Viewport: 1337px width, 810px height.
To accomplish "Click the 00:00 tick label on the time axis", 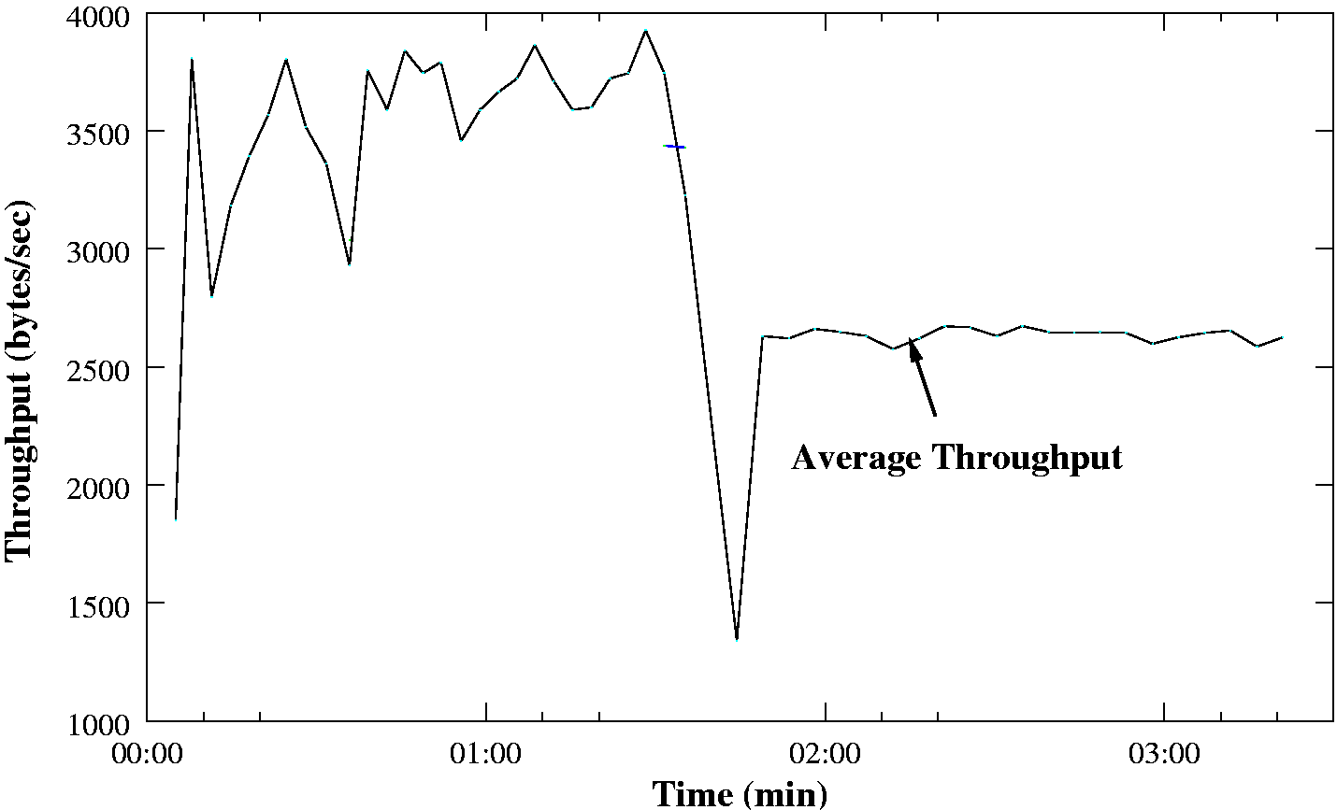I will pos(147,752).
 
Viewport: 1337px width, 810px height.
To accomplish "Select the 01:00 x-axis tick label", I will pos(485,752).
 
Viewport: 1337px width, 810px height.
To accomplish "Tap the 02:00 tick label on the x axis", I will pos(825,752).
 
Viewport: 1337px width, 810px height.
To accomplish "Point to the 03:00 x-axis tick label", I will pos(1163,752).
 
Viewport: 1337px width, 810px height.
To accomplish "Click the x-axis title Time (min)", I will pos(739,793).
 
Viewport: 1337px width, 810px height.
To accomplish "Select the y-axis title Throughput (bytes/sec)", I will pos(20,379).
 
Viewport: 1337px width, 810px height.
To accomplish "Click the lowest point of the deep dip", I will pos(737,639).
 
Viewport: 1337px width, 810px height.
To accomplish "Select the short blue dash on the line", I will pos(675,147).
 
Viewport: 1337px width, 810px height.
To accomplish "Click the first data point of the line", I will pos(176,518).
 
